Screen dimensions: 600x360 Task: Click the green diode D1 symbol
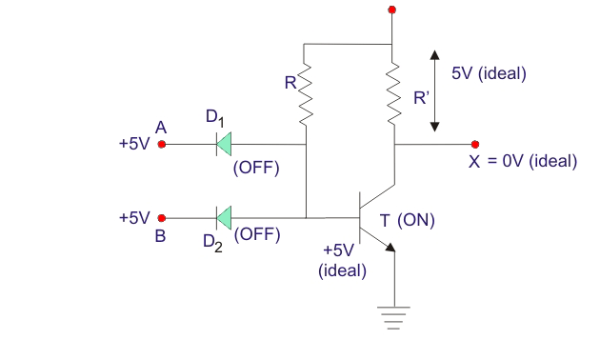[x=224, y=144]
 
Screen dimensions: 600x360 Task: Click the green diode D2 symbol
[x=224, y=218]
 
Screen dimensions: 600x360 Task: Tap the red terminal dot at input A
[x=162, y=144]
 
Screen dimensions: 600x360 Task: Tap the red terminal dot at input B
[x=162, y=218]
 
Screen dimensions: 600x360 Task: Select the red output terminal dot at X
[x=475, y=144]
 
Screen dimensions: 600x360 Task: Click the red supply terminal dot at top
[x=391, y=10]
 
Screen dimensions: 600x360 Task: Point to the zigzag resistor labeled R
[x=306, y=94]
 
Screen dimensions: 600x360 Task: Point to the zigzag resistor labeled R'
[x=393, y=92]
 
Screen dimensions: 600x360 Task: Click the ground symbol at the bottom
[x=393, y=318]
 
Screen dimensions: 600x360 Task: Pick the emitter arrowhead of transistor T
[x=390, y=247]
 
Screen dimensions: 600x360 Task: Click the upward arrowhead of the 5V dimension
[x=434, y=55]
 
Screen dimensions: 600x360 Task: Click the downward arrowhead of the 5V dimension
[x=434, y=127]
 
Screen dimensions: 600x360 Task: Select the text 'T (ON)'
[x=408, y=220]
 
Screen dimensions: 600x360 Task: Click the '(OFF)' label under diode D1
[x=256, y=168]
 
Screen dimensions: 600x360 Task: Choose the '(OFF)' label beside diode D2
[x=257, y=234]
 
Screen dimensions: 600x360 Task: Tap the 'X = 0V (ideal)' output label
[x=523, y=161]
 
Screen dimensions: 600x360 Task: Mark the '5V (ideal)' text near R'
[x=489, y=73]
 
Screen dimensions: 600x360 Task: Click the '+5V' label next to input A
[x=134, y=144]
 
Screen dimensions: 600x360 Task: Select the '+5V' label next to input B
[x=134, y=218]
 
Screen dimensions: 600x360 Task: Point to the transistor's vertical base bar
[x=360, y=217]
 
